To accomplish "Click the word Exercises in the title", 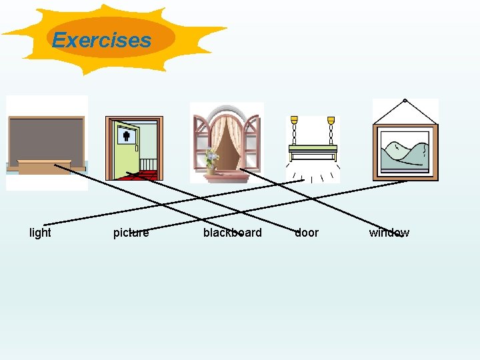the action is click(x=102, y=40).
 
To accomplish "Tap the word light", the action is click(x=40, y=233).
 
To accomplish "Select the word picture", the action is click(x=131, y=233).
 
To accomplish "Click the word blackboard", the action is click(x=232, y=233).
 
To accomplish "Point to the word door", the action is click(x=307, y=233).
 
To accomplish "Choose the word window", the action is click(x=389, y=233).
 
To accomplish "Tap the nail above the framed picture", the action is click(x=404, y=101).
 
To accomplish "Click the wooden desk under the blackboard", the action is click(x=44, y=167).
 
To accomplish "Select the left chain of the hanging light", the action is click(x=295, y=129).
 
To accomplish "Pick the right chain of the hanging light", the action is click(x=331, y=129).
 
